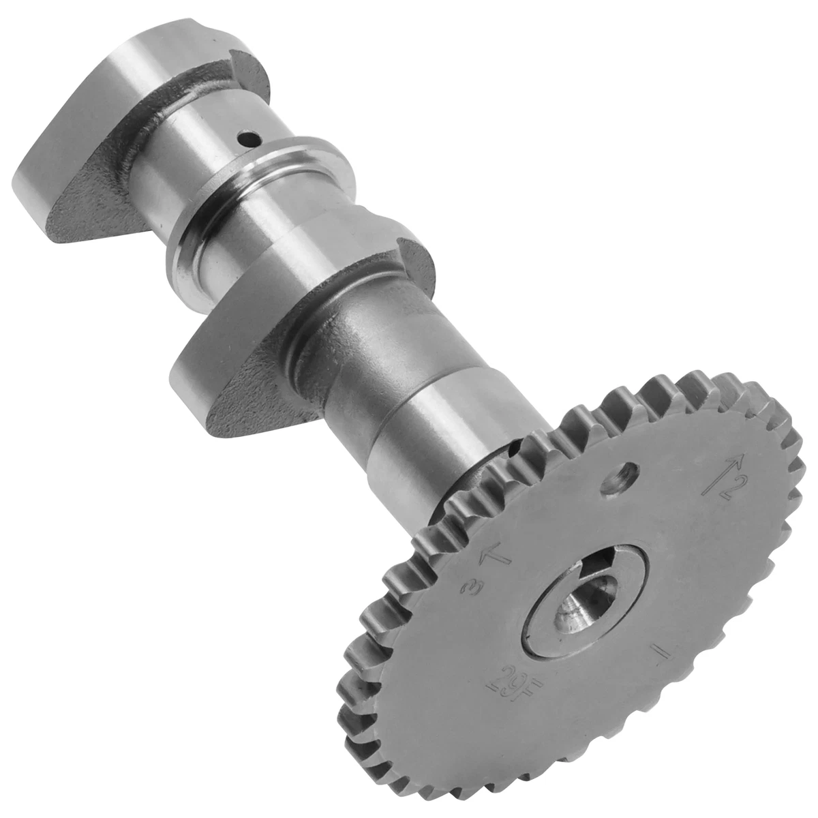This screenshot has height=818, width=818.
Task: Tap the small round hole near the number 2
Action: point(620,478)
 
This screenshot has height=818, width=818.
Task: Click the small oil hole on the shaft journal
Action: point(249,138)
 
